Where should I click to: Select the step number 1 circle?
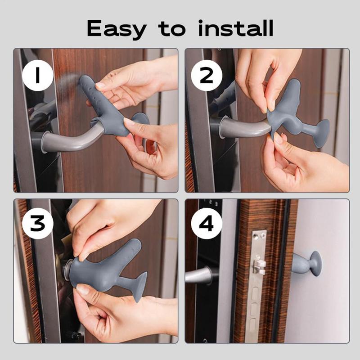(37, 76)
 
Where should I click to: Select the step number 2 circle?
(207, 76)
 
